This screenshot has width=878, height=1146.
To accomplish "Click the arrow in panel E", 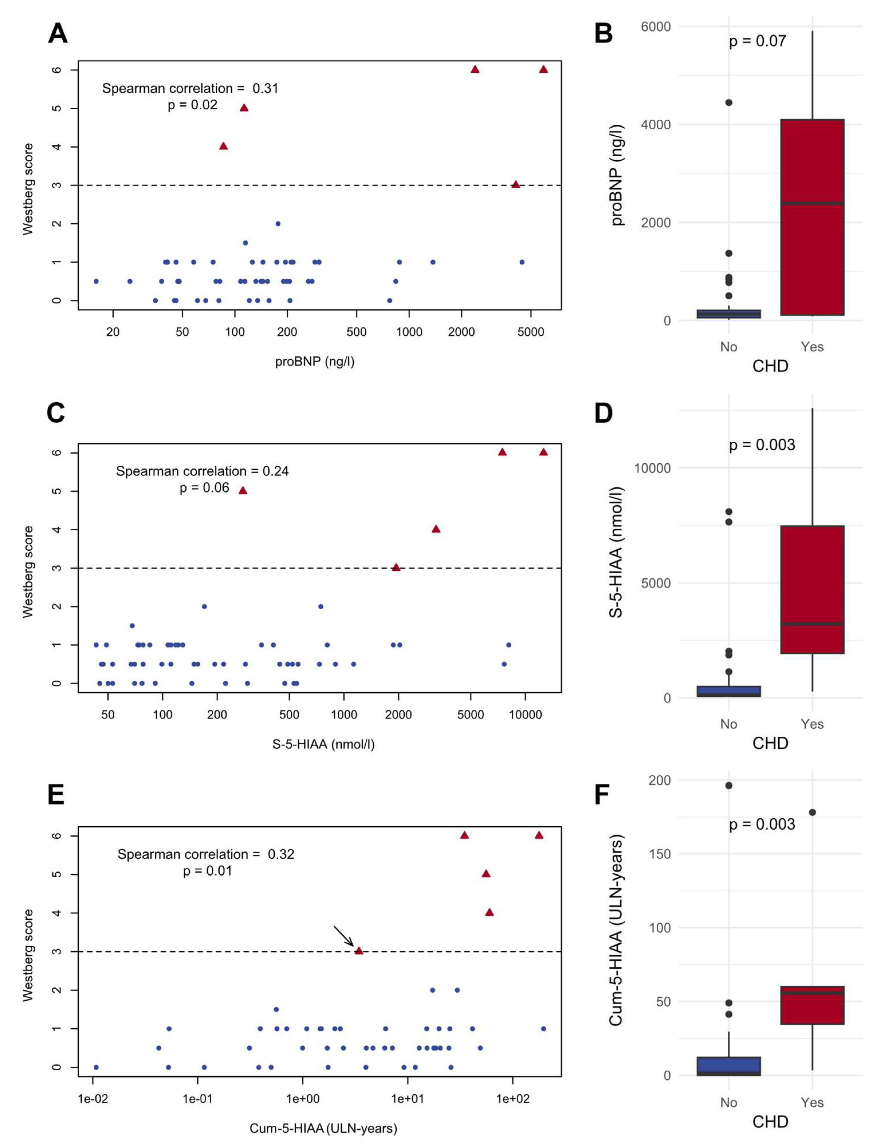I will [344, 936].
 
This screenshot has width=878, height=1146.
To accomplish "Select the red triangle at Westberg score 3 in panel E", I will [359, 951].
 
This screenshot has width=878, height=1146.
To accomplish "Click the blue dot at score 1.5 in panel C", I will [132, 625].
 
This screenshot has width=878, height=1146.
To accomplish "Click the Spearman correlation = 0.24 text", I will [202, 471].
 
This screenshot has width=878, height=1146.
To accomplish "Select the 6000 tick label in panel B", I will [655, 27].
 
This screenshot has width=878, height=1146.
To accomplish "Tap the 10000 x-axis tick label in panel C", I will [525, 715].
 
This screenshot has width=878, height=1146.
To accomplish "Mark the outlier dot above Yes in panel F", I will [812, 812].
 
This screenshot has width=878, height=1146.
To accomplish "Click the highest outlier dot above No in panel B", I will [729, 102].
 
